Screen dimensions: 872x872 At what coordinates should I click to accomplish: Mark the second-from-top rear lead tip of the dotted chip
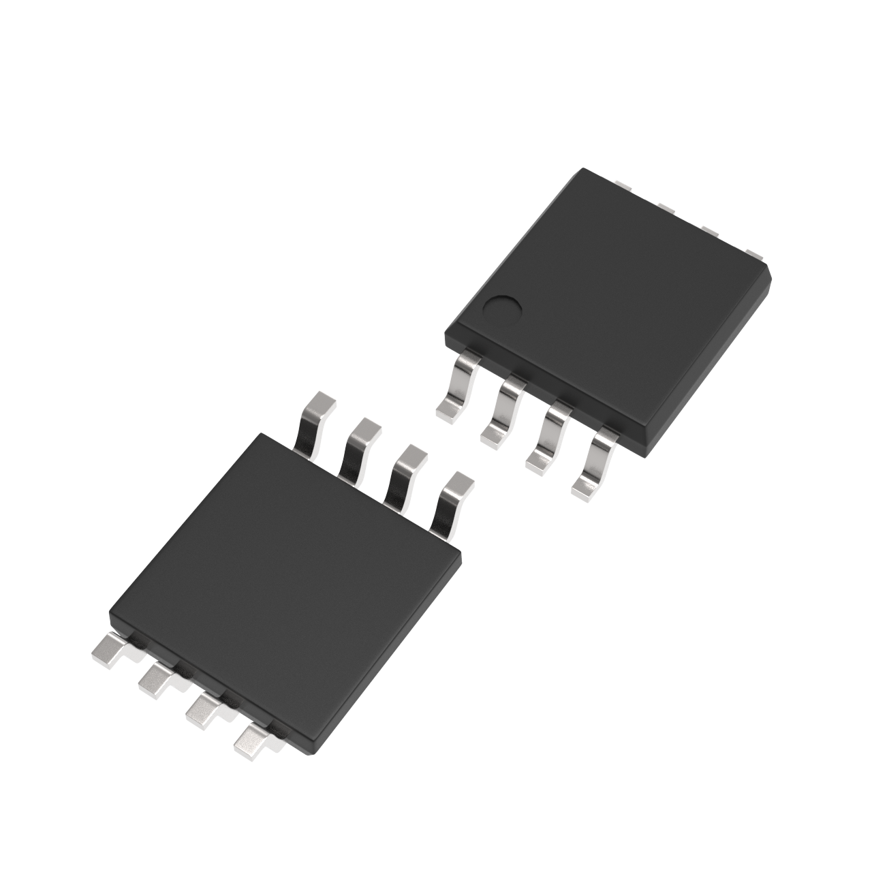coord(666,207)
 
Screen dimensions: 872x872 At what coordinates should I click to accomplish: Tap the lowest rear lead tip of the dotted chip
coord(754,254)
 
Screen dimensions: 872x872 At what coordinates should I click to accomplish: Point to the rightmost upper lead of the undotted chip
coord(452,497)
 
